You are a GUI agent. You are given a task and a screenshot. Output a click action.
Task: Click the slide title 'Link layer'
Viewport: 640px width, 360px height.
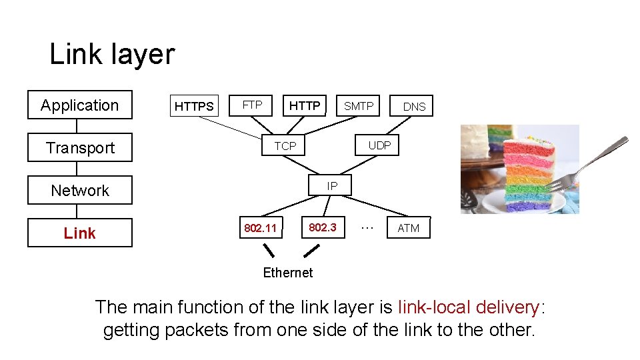pyautogui.click(x=112, y=55)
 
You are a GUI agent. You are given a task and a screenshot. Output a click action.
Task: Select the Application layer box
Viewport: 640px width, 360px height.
pyautogui.click(x=80, y=105)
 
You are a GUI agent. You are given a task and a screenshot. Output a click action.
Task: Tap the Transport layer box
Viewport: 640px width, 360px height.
pyautogui.click(x=80, y=148)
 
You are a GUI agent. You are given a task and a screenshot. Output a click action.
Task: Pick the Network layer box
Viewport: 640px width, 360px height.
pyautogui.click(x=80, y=191)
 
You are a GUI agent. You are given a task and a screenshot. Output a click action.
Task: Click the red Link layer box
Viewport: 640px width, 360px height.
pyautogui.click(x=80, y=233)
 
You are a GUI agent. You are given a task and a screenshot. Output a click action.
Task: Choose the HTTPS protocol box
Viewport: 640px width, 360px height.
pyautogui.click(x=194, y=106)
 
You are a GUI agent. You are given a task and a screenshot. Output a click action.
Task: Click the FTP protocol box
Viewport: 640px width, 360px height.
pyautogui.click(x=252, y=105)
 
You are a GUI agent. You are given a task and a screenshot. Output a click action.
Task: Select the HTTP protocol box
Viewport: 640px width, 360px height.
pyautogui.click(x=304, y=105)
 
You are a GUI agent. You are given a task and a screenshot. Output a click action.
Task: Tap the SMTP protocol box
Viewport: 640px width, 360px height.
pyautogui.click(x=358, y=105)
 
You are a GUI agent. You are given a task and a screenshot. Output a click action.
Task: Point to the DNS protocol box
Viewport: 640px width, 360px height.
pyautogui.click(x=413, y=106)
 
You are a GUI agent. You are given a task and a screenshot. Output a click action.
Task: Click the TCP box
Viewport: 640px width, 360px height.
pyautogui.click(x=285, y=145)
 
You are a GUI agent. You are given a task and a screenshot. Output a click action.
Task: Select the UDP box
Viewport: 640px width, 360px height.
pyautogui.click(x=379, y=145)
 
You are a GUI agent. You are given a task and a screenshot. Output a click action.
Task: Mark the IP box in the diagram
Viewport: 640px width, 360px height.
pyautogui.click(x=332, y=186)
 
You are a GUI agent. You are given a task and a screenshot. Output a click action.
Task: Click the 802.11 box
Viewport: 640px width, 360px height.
pyautogui.click(x=260, y=228)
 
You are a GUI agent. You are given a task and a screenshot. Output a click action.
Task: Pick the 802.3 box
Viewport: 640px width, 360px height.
pyautogui.click(x=323, y=227)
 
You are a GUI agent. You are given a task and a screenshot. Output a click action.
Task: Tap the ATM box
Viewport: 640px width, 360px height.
pyautogui.click(x=409, y=228)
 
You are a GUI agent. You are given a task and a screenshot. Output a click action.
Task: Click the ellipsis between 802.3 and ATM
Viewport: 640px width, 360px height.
pyautogui.click(x=366, y=227)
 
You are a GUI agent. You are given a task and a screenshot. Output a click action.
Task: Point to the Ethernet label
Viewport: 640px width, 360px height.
pyautogui.click(x=287, y=272)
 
